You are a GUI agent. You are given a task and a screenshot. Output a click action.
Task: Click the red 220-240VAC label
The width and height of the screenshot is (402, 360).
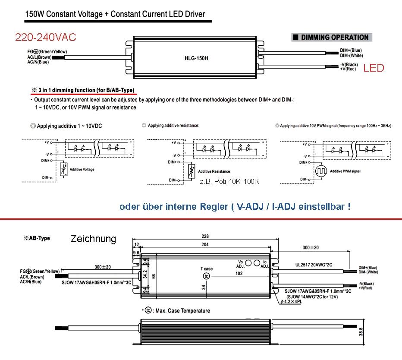(45, 38)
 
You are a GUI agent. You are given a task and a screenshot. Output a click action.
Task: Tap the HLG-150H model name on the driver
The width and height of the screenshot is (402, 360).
(196, 58)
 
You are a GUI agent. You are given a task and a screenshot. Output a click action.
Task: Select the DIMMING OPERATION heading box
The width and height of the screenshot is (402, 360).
(332, 37)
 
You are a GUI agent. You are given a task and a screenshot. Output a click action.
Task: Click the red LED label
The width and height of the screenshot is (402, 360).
(374, 68)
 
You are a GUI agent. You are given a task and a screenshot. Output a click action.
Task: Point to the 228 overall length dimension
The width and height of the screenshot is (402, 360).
(205, 237)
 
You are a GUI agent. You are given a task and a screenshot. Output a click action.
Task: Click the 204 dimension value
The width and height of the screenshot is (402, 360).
(205, 244)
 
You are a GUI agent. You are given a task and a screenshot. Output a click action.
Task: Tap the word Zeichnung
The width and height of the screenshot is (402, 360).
(93, 239)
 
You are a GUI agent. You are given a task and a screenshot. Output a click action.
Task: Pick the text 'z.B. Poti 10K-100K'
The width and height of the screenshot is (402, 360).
(229, 182)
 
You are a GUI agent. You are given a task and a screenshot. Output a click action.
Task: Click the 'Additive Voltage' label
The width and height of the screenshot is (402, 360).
(82, 170)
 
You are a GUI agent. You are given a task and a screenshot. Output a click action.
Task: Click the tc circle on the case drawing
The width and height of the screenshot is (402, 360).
(207, 276)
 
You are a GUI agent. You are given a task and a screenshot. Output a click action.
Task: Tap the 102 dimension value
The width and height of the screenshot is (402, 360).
(239, 273)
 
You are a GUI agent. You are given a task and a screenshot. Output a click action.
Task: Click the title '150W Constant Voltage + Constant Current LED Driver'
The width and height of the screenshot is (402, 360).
(115, 14)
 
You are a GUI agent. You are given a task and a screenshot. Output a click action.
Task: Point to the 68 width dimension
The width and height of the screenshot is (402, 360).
(154, 275)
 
